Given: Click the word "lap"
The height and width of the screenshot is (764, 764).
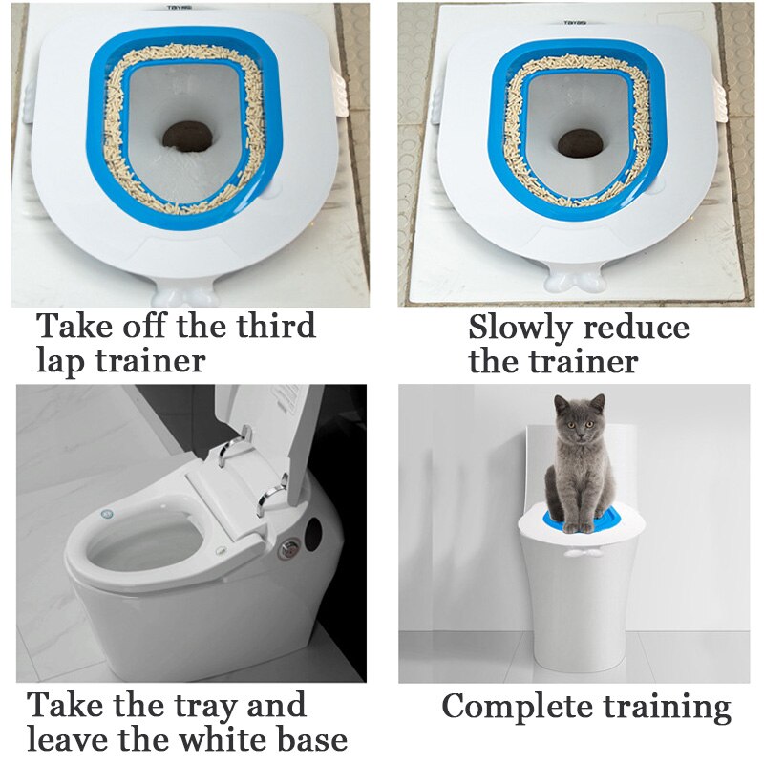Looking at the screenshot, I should [x=61, y=361].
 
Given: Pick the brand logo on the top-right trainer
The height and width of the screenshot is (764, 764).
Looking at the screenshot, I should [x=575, y=21].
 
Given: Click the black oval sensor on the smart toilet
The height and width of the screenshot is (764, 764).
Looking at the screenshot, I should [x=315, y=528].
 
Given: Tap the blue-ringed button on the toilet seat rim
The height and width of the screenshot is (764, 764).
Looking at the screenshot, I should [x=107, y=515].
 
